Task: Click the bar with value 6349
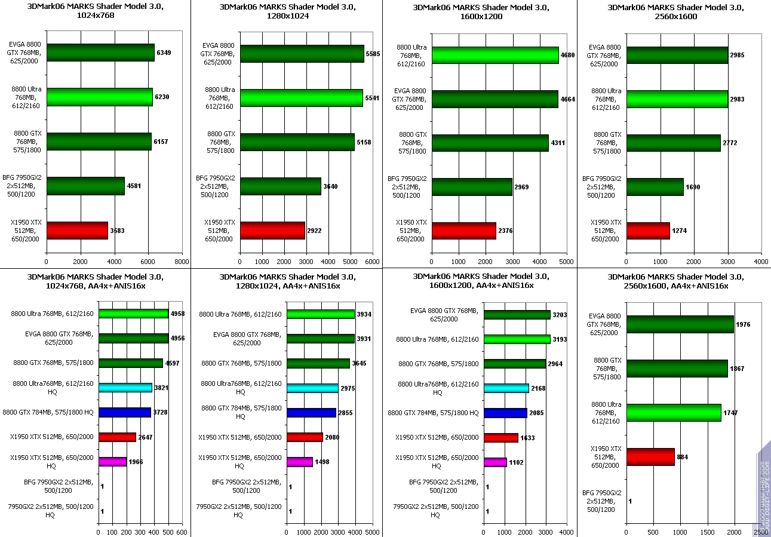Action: [x=100, y=53]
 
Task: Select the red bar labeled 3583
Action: [x=77, y=231]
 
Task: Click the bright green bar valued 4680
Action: [x=495, y=56]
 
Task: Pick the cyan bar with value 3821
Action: [x=125, y=388]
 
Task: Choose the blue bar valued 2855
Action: [x=311, y=413]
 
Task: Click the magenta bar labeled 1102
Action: [x=495, y=462]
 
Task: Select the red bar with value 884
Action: [x=650, y=457]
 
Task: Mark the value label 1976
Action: [x=744, y=324]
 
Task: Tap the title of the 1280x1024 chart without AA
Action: [x=287, y=12]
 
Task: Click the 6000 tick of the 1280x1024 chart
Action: [x=372, y=261]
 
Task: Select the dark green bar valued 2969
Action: [x=472, y=186]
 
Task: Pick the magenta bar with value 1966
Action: [x=112, y=462]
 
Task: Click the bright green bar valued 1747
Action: [x=674, y=413]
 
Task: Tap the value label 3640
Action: [x=330, y=186]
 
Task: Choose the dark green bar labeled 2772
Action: [x=673, y=143]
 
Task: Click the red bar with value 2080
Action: [x=305, y=437]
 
